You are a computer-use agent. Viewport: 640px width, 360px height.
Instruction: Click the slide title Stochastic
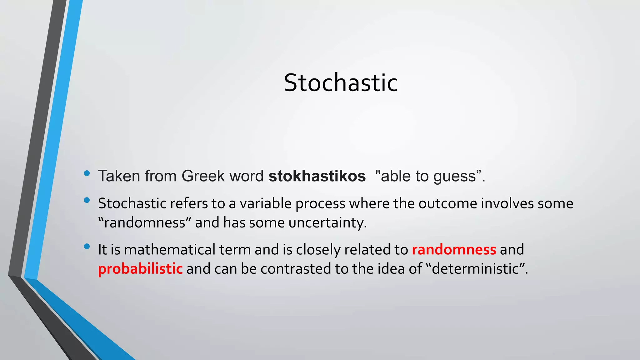click(x=341, y=83)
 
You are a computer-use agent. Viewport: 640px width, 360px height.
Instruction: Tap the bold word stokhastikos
click(x=317, y=176)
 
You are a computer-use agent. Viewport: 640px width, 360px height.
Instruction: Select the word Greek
click(x=203, y=176)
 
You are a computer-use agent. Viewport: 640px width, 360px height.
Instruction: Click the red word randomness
click(x=454, y=250)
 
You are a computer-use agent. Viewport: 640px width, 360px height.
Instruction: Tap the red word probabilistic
click(x=140, y=269)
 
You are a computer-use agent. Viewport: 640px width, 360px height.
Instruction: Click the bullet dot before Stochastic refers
click(x=87, y=200)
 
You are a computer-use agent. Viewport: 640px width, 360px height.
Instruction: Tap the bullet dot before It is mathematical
click(x=87, y=247)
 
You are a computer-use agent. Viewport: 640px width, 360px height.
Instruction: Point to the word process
click(x=320, y=204)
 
